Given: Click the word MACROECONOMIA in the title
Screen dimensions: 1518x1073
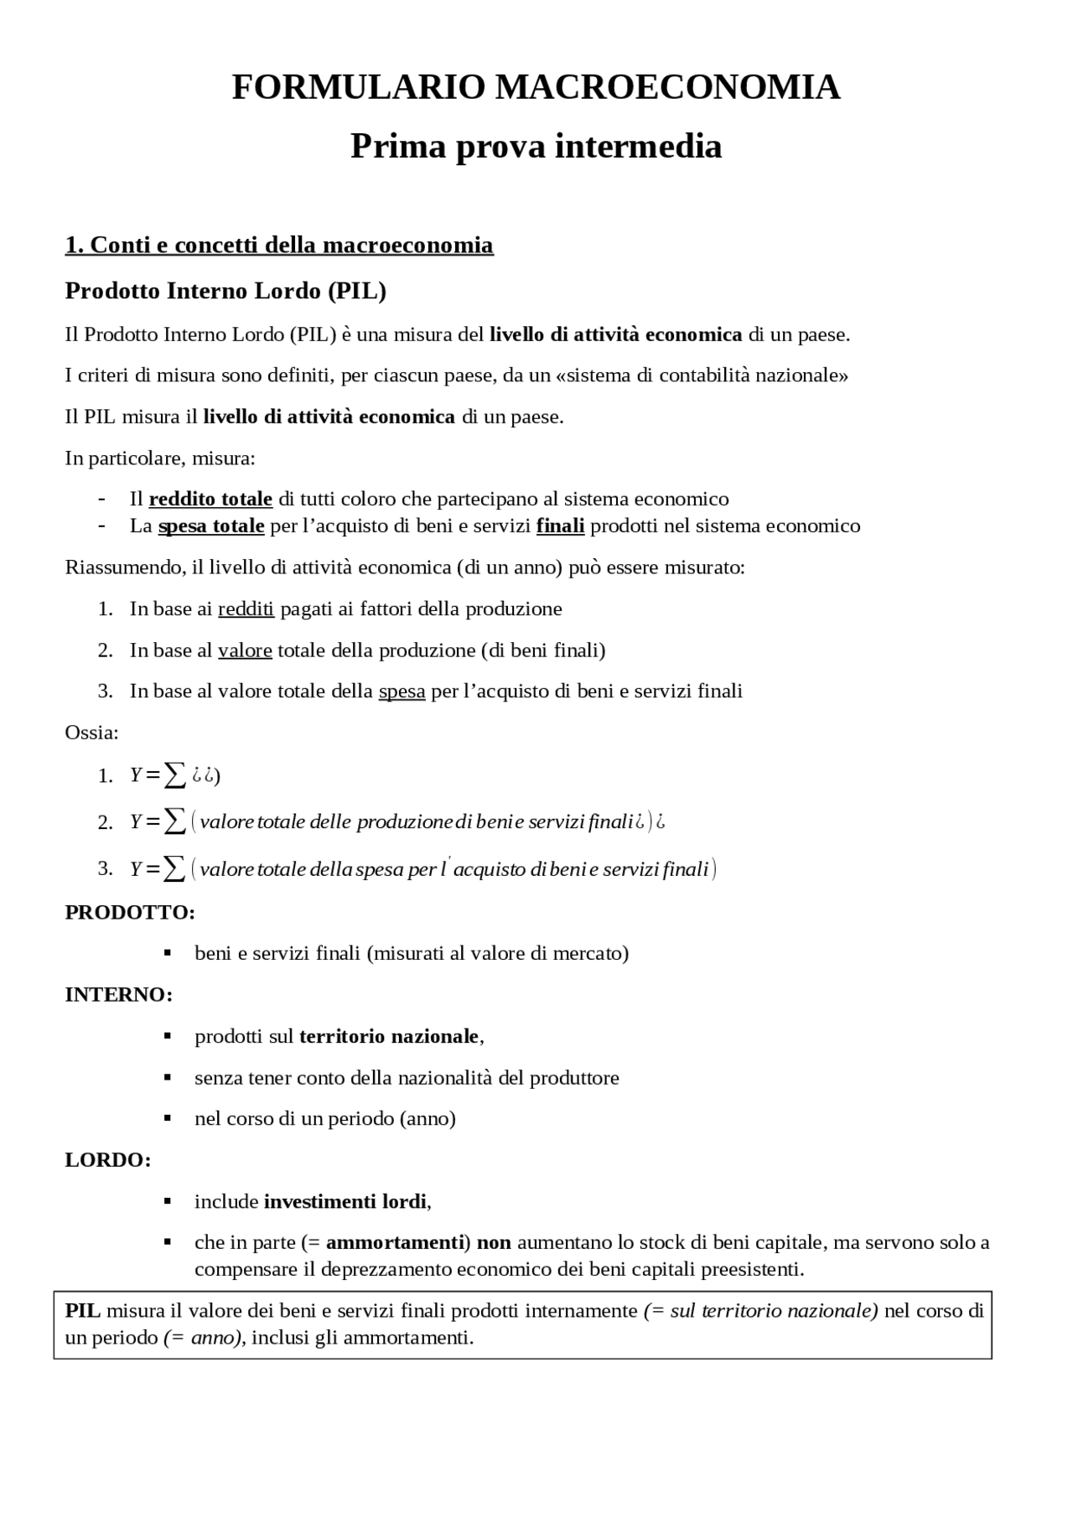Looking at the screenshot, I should click(667, 87).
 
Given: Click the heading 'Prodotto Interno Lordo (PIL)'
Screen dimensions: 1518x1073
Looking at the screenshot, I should click(225, 291).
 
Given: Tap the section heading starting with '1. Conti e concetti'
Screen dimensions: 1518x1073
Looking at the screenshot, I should click(279, 245).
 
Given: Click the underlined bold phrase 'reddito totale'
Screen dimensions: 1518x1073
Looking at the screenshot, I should click(210, 499).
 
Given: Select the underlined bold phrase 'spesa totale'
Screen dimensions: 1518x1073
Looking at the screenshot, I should click(211, 526).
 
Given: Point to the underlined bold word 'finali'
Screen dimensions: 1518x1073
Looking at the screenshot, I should click(560, 526).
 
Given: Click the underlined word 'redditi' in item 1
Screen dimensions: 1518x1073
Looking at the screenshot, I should click(246, 609).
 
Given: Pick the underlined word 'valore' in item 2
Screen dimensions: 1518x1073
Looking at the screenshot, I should click(245, 650).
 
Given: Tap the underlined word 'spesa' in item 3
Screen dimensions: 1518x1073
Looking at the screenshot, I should click(402, 691).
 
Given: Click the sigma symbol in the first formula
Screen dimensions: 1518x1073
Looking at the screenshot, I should click(174, 775).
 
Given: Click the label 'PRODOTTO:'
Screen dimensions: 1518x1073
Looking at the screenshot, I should click(130, 912).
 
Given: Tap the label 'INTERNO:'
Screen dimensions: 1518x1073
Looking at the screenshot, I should click(119, 995).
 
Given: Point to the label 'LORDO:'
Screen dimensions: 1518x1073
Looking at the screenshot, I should click(108, 1160).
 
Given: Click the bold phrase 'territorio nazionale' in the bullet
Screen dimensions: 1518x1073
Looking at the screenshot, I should click(388, 1036).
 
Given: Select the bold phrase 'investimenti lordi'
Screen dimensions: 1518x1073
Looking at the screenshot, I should click(345, 1201).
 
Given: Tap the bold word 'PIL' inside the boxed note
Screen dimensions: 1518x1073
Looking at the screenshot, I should click(82, 1310).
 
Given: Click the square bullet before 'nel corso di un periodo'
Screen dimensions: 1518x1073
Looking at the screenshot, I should click(168, 1118).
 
